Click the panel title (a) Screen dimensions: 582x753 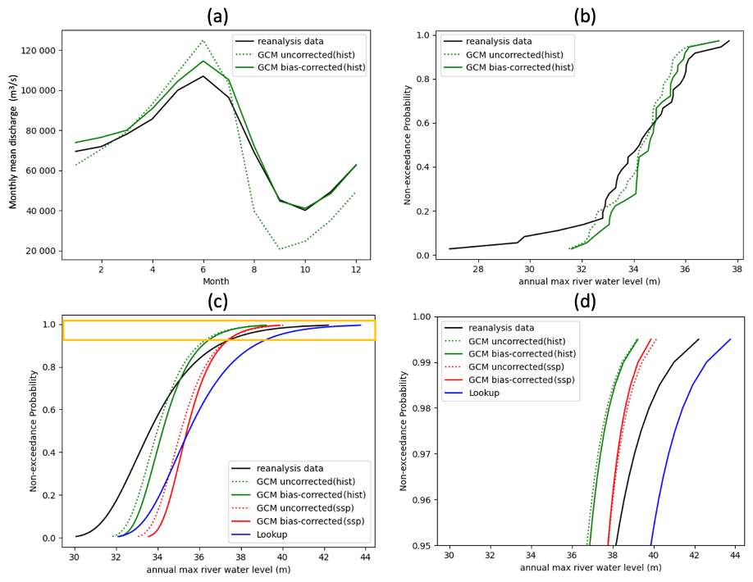[x=217, y=16]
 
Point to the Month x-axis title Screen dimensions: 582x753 [x=216, y=281]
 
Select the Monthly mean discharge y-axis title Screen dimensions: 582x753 [x=14, y=144]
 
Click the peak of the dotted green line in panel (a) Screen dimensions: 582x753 [x=203, y=40]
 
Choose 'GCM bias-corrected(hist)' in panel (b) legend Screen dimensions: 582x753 [x=520, y=67]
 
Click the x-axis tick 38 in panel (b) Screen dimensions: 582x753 [x=737, y=268]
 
